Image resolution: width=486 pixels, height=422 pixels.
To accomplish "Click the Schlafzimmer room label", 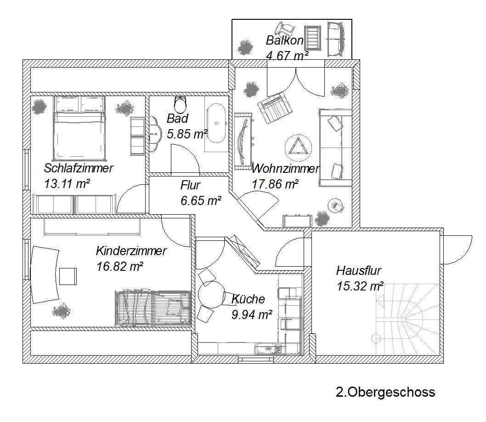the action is coord(79,168).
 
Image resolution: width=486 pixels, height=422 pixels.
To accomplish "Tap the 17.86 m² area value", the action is coord(275,184).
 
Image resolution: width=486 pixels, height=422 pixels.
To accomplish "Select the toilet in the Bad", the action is coord(181,104).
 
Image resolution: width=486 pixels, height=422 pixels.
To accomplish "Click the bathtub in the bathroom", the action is coord(216,123).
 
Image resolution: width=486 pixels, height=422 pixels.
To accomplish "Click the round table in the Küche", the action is coord(211,295).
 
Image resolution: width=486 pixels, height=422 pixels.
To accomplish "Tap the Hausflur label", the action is coord(359,271).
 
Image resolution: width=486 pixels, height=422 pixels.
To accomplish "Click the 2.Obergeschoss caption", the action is coord(385,392).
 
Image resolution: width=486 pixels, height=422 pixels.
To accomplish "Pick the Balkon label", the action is coord(284,40).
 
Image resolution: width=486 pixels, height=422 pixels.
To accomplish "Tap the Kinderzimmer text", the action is coord(131,251).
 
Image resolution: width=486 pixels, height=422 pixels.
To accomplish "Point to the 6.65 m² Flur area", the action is coord(201,201).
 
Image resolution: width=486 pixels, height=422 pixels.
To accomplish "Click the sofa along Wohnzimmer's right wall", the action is coord(335,148).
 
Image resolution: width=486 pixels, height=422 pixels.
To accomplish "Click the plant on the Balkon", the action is coord(245,47).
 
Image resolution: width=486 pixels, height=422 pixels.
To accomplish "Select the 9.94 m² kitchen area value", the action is coord(252,315).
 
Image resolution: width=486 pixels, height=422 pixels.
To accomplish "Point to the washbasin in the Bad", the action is coord(155,134).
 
